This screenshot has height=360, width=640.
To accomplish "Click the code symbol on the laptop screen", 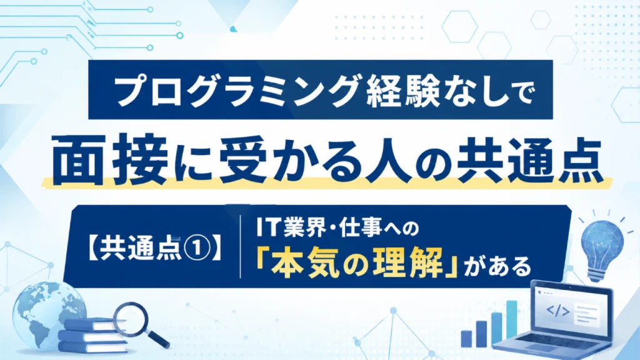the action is [557, 311].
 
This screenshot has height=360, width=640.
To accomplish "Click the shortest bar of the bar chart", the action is [466, 339].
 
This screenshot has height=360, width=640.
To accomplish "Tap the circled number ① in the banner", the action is [197, 248].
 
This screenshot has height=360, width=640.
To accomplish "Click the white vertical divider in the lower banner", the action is [241, 246].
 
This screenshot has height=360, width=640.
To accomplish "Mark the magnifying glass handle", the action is [158, 338].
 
